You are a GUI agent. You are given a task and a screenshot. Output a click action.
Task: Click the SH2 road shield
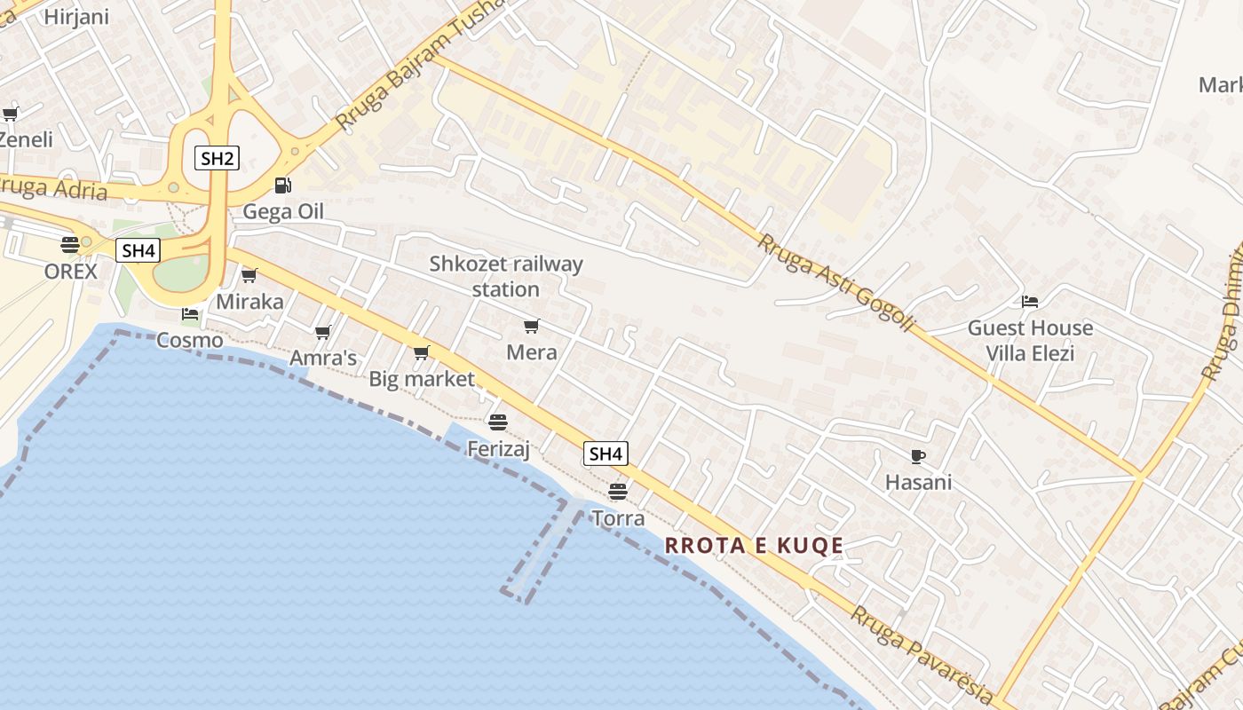(x=218, y=159)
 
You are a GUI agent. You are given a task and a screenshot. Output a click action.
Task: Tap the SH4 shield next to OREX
(x=139, y=251)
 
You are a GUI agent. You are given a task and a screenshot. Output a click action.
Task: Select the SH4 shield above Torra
(x=606, y=454)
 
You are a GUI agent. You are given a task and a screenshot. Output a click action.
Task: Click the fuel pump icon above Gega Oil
(x=282, y=185)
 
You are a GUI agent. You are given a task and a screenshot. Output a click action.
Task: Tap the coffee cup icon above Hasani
(x=918, y=457)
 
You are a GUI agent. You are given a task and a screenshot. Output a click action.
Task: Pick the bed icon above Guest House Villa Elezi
(x=1030, y=302)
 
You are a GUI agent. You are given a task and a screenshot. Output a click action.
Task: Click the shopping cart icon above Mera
(x=532, y=327)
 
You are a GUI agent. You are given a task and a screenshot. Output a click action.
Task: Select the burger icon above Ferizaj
(x=498, y=422)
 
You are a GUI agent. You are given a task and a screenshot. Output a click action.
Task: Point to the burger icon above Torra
(x=618, y=491)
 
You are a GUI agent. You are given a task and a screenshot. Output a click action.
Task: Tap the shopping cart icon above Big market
(x=422, y=353)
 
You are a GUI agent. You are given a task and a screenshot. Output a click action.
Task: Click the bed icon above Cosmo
(x=190, y=314)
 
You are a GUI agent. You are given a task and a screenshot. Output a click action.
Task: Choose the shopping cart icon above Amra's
(x=323, y=332)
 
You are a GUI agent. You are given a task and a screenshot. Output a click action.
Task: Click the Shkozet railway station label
(x=506, y=276)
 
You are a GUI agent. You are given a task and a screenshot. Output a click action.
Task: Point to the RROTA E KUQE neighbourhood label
(x=755, y=546)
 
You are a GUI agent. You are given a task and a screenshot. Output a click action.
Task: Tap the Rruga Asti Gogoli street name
(x=835, y=282)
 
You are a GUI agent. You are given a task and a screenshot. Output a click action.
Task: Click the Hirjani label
(x=76, y=16)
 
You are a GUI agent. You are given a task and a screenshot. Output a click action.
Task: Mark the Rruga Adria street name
(x=53, y=188)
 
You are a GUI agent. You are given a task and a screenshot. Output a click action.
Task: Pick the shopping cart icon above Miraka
(x=249, y=276)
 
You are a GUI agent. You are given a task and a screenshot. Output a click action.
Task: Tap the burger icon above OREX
(x=70, y=245)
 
